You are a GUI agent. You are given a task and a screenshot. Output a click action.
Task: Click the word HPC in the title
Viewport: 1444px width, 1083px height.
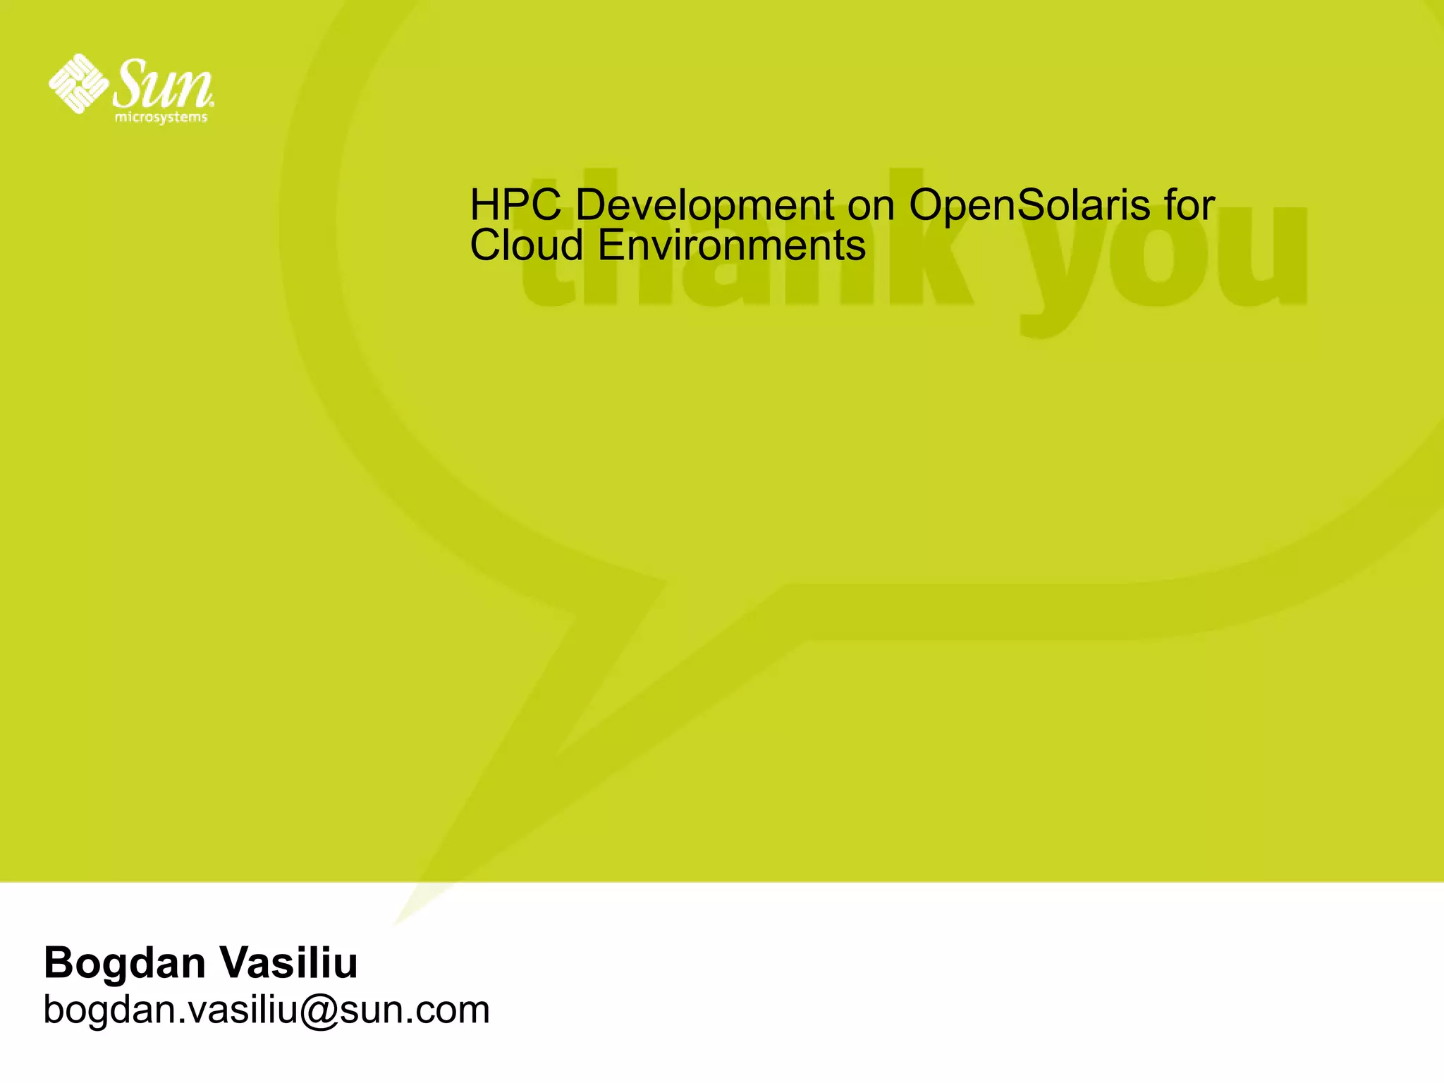coord(515,205)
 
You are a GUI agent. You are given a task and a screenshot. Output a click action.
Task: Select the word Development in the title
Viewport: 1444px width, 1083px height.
coord(704,207)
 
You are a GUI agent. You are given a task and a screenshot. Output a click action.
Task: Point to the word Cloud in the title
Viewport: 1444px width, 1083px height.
coord(527,246)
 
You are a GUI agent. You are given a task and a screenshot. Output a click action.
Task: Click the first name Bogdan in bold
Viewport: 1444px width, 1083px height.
coord(124,962)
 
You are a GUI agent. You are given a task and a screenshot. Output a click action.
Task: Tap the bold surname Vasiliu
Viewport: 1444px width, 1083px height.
coord(289,962)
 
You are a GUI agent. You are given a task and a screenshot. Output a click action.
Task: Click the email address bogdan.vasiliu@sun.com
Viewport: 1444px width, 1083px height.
coord(267,1010)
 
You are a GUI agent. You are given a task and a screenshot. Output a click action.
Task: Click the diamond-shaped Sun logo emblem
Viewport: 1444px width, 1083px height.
coord(78,83)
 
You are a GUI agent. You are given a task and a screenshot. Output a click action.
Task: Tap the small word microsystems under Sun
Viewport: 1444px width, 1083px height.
coord(161,117)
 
